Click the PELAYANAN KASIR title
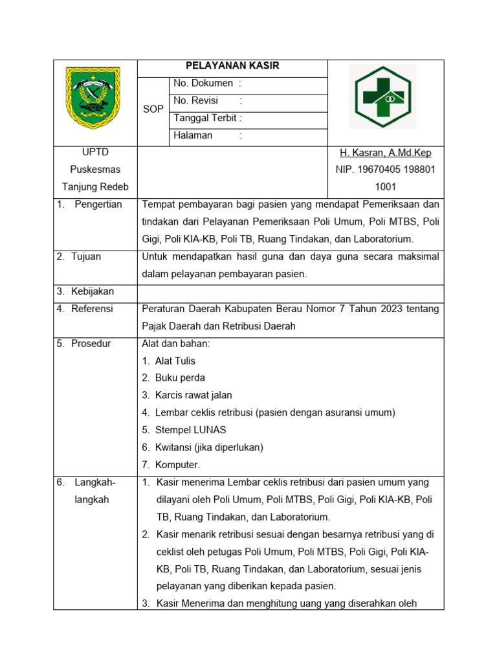(x=232, y=66)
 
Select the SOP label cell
(x=153, y=109)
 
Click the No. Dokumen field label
(x=203, y=84)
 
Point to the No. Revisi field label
(x=197, y=101)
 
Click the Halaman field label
(x=193, y=135)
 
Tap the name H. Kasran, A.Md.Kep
(x=386, y=153)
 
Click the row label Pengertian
(x=98, y=205)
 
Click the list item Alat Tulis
(x=175, y=361)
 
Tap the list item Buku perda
(x=180, y=378)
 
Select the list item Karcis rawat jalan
(x=193, y=396)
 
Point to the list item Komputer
(x=177, y=465)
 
